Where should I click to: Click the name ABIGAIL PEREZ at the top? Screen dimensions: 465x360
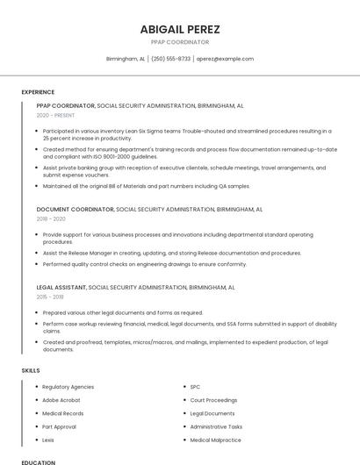(180, 29)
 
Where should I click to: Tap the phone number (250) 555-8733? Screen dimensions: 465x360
(170, 59)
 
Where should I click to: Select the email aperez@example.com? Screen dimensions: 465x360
(225, 59)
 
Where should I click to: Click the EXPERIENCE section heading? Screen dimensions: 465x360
(38, 91)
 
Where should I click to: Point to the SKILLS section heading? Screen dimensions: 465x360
(31, 370)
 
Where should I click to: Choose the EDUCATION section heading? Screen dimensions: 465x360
(38, 461)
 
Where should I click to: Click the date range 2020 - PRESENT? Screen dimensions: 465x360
(55, 115)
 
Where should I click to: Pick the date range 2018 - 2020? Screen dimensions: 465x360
(51, 218)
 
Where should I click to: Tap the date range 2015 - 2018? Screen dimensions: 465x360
(51, 297)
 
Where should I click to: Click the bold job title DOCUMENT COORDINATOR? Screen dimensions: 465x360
(76, 210)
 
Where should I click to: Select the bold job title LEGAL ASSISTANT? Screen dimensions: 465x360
(61, 287)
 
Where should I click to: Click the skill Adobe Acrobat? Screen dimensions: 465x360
(61, 400)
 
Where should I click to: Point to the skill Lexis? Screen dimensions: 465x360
(48, 440)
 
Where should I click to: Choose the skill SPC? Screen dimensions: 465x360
(195, 387)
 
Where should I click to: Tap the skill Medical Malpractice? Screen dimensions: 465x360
(215, 440)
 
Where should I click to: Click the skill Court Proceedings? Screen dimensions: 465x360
(213, 400)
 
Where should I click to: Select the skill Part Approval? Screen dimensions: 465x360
(59, 426)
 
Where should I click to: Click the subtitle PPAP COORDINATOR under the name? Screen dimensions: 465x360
(180, 42)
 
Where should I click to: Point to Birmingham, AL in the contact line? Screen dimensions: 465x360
(126, 59)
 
